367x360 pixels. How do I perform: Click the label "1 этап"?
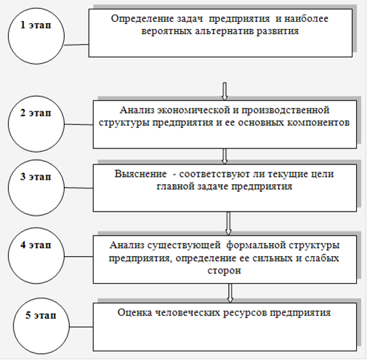click(x=36, y=25)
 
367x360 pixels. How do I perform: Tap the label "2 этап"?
click(x=36, y=113)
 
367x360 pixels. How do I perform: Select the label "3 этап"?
click(x=36, y=177)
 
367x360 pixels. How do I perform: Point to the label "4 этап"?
click(x=36, y=245)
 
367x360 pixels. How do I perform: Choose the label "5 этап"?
click(x=41, y=315)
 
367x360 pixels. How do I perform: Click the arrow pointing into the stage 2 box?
click(x=225, y=91)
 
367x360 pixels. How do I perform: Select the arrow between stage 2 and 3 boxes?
click(x=225, y=156)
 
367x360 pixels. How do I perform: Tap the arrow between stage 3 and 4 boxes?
click(x=228, y=223)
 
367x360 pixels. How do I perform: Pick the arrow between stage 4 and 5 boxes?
click(x=230, y=293)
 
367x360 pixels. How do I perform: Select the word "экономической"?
click(x=193, y=111)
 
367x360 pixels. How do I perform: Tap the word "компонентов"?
click(x=318, y=122)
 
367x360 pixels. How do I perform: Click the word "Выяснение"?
click(x=141, y=174)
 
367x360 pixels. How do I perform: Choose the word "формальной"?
click(x=256, y=246)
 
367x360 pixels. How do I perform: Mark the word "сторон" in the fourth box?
click(x=225, y=271)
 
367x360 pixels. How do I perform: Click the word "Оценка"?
click(x=134, y=312)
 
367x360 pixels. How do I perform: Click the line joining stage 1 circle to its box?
click(x=76, y=44)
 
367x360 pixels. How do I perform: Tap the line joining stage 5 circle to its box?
click(x=81, y=327)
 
